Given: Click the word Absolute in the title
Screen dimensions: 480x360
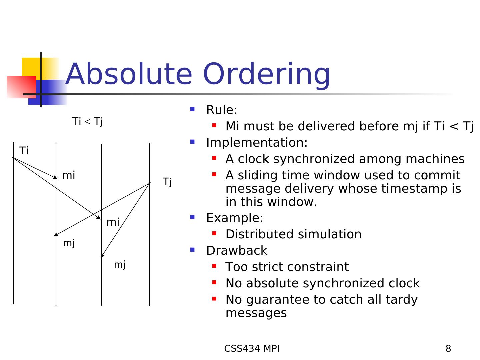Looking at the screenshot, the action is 129,74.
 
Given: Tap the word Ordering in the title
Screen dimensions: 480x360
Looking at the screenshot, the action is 266,76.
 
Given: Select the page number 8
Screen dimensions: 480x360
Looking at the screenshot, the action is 448,348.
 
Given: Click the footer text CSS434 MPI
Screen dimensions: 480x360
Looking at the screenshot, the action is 252,348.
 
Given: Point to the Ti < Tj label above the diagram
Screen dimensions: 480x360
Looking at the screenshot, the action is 87,122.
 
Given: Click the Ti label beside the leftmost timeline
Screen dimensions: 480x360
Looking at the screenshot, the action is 24,151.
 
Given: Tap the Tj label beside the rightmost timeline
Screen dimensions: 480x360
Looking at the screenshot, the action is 167,182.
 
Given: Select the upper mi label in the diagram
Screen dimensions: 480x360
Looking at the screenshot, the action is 68,175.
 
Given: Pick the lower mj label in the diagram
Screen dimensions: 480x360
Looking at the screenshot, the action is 120,265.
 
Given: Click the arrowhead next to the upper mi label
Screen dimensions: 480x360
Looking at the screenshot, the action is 55,177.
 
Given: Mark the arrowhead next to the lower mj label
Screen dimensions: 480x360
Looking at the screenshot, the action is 102,256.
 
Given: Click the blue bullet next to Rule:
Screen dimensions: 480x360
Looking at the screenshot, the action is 192,109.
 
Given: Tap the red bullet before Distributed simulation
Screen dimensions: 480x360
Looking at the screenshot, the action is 214,233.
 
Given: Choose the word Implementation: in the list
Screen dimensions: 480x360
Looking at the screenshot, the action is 257,143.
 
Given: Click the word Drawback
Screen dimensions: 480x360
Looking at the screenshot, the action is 237,250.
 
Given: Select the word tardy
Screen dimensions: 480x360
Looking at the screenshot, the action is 401,300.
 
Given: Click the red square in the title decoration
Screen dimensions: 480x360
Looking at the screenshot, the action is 21,87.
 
